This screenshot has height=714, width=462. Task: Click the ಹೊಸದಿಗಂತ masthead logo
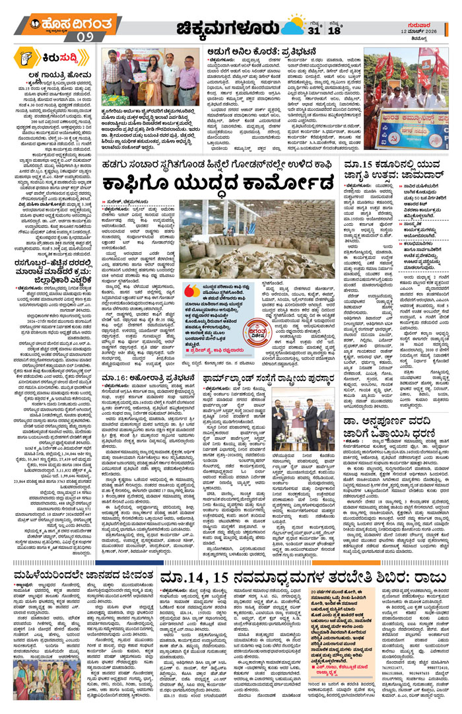point(59,24)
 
